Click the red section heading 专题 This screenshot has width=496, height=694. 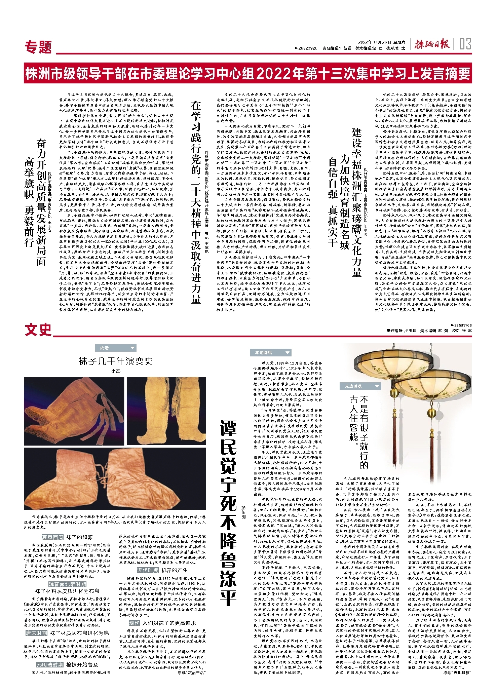pyautogui.click(x=38, y=47)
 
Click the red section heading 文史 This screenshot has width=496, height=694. pyautogui.click(x=38, y=330)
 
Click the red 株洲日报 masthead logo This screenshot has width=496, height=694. pyautogui.click(x=431, y=44)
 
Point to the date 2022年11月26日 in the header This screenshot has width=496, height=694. pyautogui.click(x=375, y=42)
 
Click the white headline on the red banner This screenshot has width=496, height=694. pyautogui.click(x=248, y=74)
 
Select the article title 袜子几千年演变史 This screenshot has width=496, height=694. pyautogui.click(x=116, y=361)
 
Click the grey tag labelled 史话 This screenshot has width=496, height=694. pyautogui.click(x=115, y=348)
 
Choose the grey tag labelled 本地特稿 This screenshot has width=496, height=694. pyautogui.click(x=270, y=352)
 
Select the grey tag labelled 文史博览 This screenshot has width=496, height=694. pyautogui.click(x=360, y=386)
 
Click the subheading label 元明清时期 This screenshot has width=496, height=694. pyautogui.click(x=50, y=665)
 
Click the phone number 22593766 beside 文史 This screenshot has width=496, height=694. pyautogui.click(x=461, y=325)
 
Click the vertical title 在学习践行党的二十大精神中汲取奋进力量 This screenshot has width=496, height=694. pyautogui.click(x=196, y=202)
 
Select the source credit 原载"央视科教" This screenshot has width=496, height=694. pyautogui.click(x=457, y=672)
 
